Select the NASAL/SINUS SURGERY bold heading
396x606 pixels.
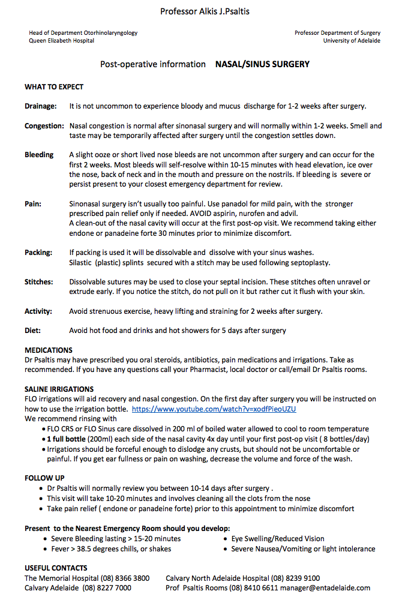262,64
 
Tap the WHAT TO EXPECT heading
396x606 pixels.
54,87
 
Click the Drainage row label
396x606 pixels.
41,106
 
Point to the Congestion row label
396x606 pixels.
44,126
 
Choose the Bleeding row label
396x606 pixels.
39,155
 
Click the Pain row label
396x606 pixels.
33,204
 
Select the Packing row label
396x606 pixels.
38,253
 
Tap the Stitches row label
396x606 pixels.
39,282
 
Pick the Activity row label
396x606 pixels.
38,311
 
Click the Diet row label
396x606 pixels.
33,331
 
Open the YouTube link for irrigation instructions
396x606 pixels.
214,409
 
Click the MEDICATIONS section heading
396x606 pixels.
49,350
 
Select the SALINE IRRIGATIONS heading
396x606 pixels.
59,389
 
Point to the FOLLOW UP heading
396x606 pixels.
44,478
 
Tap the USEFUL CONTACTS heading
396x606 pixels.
56,568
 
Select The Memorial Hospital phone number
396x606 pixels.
125,578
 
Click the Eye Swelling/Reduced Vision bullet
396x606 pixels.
278,539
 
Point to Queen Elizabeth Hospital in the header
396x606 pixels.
62,41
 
